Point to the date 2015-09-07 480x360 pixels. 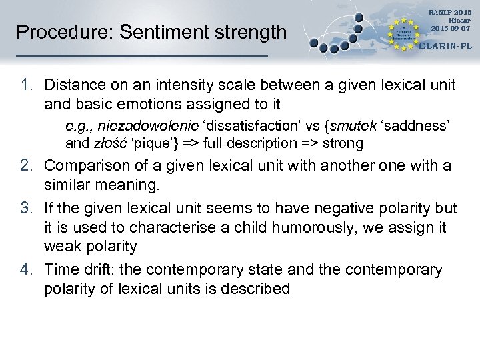click(450, 28)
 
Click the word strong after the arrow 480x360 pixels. click(343, 143)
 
